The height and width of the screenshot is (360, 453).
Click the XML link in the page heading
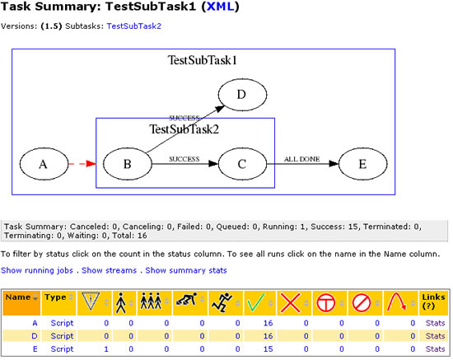[x=221, y=7]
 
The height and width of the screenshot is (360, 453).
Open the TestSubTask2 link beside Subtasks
[x=133, y=26]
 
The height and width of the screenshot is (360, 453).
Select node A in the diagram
[x=44, y=164]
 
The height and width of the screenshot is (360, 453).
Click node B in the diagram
[x=128, y=164]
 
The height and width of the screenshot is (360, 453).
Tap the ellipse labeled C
[x=242, y=164]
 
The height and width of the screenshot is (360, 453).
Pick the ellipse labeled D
[x=242, y=95]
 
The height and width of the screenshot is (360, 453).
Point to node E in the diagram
[x=362, y=164]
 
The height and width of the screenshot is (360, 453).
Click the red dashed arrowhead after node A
[x=91, y=164]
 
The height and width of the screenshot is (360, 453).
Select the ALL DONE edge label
[x=302, y=159]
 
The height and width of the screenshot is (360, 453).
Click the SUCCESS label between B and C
[x=184, y=159]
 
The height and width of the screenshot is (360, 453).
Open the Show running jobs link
[x=37, y=270]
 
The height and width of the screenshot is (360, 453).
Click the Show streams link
[x=109, y=270]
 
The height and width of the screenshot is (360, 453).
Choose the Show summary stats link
[x=186, y=270]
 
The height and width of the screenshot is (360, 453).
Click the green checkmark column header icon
[x=255, y=303]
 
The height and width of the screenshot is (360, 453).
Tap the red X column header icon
[x=290, y=303]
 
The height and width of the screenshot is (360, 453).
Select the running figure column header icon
[x=222, y=302]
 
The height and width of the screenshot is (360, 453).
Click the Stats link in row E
[x=435, y=349]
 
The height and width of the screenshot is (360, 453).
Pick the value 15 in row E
[x=268, y=349]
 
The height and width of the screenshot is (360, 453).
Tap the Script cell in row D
[x=62, y=336]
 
